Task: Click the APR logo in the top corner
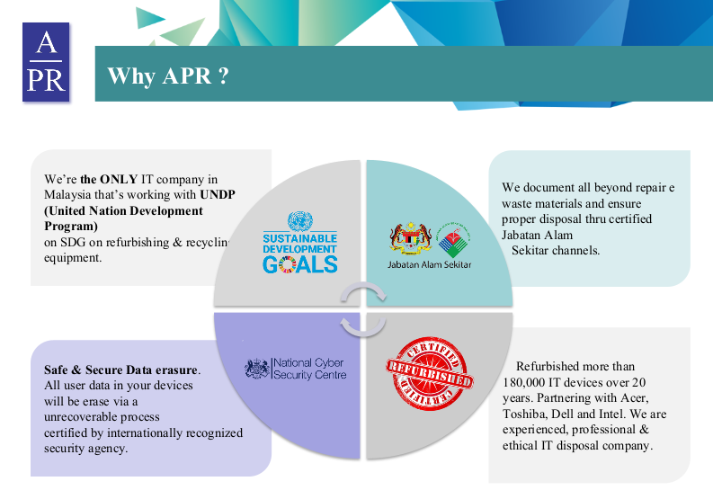pyautogui.click(x=46, y=62)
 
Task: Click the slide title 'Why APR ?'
pyautogui.click(x=167, y=76)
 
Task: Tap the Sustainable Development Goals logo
pyautogui.click(x=299, y=242)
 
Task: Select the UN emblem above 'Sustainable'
pyautogui.click(x=299, y=221)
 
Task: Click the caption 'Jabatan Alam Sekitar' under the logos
pyautogui.click(x=429, y=265)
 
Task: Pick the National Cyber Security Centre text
pyautogui.click(x=308, y=369)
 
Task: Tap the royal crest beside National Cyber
pyautogui.click(x=257, y=369)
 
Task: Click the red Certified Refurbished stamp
pyautogui.click(x=428, y=368)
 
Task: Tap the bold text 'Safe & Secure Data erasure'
pyautogui.click(x=121, y=370)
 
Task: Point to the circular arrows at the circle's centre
pyautogui.click(x=362, y=310)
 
